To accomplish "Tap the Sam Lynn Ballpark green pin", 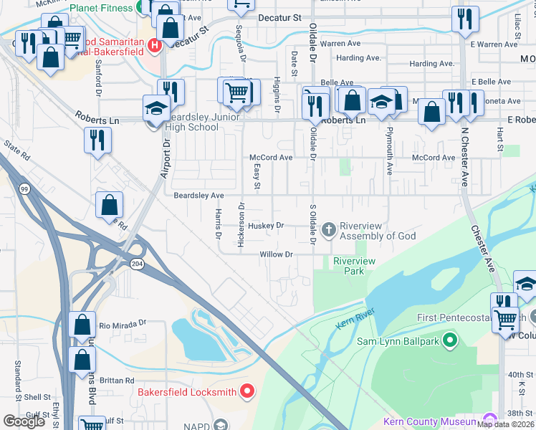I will coord(450,339).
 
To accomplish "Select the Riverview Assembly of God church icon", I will coord(329,230).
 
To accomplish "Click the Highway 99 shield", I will coord(25,188).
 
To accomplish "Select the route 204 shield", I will coord(137,264).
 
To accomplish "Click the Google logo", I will coord(24,421).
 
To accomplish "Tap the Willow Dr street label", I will coord(277,254).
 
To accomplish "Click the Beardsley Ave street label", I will coord(198,195).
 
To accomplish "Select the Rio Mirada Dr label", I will coord(122,324).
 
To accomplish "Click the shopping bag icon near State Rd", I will coord(108,205).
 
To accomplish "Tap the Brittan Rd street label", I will coord(118,381).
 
